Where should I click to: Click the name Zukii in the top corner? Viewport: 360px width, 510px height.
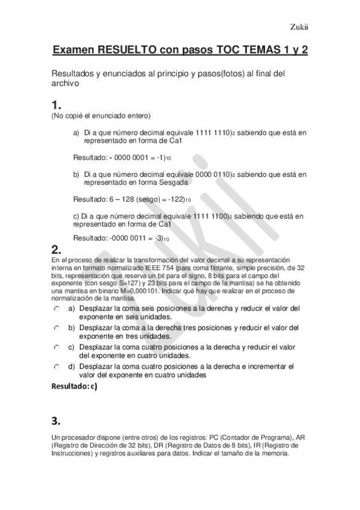pos(299,26)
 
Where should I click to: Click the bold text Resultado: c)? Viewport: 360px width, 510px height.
pos(75,387)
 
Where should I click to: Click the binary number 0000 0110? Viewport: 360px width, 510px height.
pos(213,174)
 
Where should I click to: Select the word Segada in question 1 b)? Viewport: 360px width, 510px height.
pos(159,182)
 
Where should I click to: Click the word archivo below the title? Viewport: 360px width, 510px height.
pos(65,84)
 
